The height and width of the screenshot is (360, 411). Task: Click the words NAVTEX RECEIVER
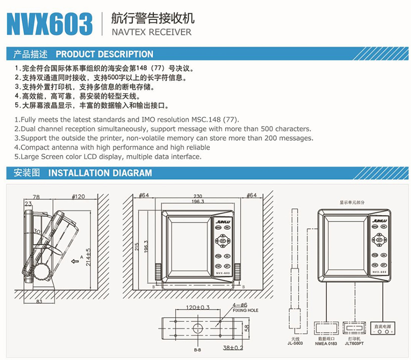146,32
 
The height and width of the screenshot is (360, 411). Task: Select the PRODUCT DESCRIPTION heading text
104,54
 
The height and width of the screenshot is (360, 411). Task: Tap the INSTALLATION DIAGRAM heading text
100,173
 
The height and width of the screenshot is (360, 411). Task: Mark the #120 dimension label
78,197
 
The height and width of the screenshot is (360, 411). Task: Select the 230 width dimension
198,196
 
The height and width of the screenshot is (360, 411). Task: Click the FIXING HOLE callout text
243,311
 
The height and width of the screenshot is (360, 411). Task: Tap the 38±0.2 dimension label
233,348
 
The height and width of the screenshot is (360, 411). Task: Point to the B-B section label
197,351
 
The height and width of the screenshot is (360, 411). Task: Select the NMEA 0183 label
325,343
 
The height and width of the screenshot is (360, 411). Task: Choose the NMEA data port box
325,327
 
